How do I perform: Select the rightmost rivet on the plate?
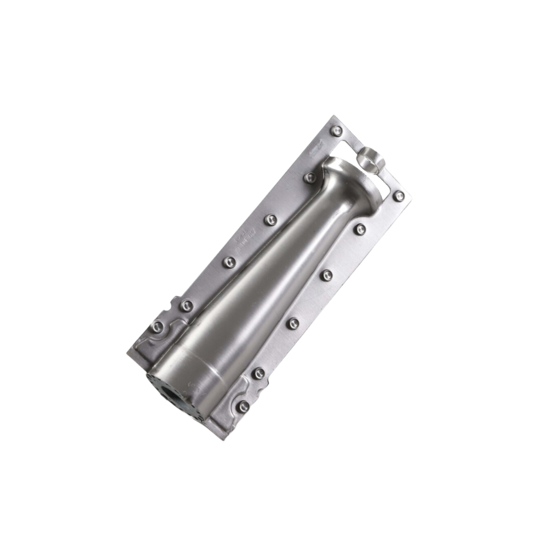point(399,195)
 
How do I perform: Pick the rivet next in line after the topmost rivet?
point(308,178)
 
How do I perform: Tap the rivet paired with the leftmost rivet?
point(185,305)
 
